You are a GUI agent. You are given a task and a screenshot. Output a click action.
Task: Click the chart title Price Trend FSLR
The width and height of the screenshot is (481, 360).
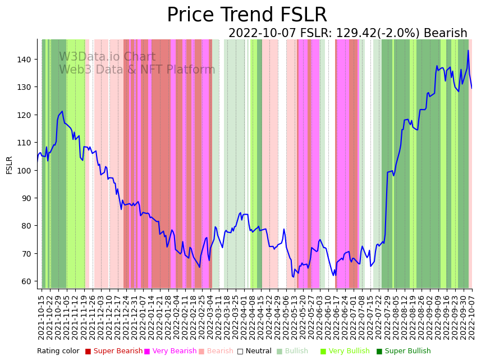(x=247, y=15)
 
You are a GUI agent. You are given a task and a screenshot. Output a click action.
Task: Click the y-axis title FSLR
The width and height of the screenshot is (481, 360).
(x=10, y=165)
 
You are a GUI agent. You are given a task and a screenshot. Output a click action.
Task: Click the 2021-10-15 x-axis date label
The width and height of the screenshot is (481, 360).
(x=41, y=317)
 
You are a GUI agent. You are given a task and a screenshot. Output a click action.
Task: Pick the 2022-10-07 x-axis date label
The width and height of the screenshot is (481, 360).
(x=472, y=317)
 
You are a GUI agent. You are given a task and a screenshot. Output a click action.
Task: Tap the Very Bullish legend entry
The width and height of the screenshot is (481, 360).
(x=349, y=351)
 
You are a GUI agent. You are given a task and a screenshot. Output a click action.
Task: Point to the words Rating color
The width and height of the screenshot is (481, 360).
(x=58, y=351)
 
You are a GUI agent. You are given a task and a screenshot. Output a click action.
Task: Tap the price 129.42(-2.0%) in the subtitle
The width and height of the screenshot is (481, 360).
(x=378, y=33)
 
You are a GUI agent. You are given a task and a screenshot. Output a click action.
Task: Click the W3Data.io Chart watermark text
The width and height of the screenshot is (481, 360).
(x=107, y=57)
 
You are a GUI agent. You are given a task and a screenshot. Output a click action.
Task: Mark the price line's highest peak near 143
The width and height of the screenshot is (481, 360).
(x=468, y=51)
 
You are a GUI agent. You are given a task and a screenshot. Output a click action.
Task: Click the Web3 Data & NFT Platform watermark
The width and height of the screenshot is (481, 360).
(x=137, y=70)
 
